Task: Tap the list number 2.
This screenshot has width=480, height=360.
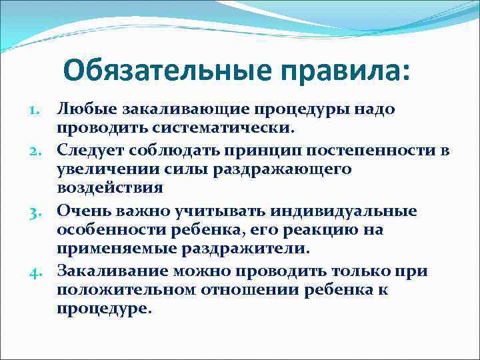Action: tap(37, 151)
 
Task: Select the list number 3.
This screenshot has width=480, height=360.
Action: tap(37, 213)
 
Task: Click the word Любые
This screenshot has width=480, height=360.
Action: tap(87, 109)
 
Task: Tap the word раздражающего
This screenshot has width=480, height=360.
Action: tap(283, 169)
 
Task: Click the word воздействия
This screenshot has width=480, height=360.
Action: tap(109, 187)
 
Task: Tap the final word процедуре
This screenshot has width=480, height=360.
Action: tap(105, 309)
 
